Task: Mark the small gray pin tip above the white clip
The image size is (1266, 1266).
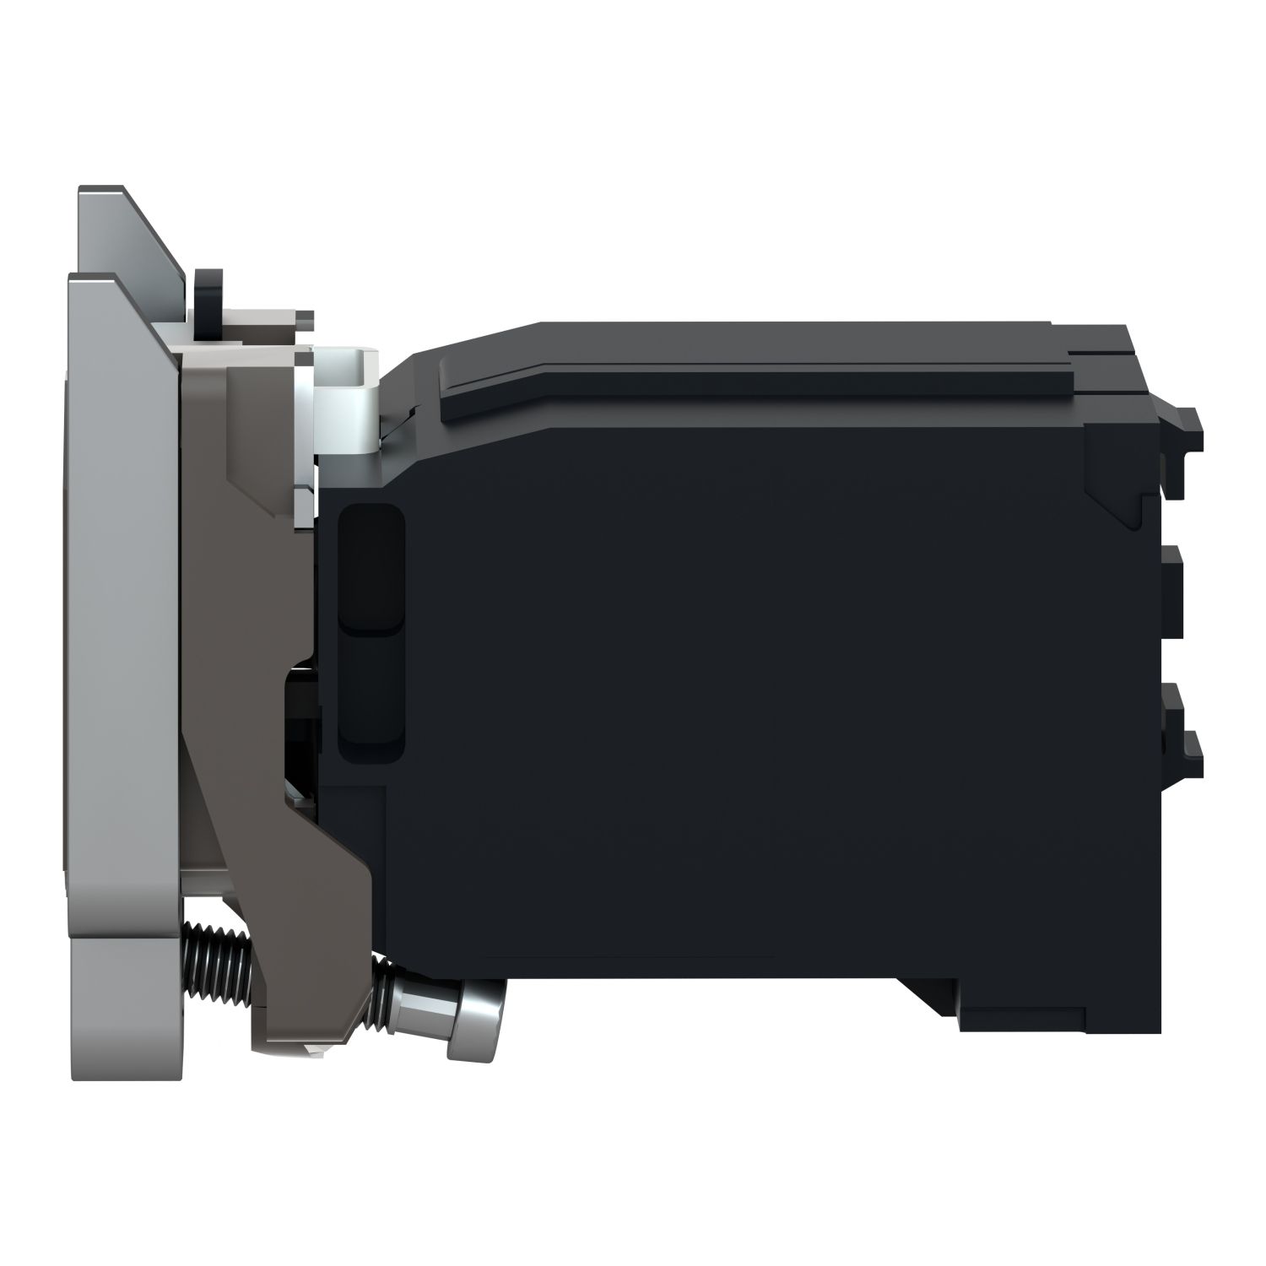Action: (x=304, y=316)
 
